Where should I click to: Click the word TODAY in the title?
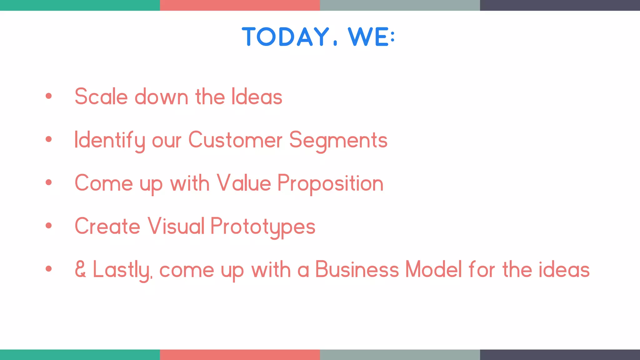coord(285,37)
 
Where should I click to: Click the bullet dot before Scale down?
coord(48,96)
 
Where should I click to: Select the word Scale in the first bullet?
coord(101,97)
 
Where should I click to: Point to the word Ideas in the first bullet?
coord(257,97)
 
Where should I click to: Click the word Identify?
coord(109,140)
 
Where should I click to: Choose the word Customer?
coord(235,140)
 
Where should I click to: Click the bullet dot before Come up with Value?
coord(48,182)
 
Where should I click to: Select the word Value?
coord(244,183)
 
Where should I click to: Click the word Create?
coord(107,226)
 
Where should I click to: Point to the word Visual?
coord(176,226)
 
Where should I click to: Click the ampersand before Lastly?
coord(80,269)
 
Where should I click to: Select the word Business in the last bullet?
coord(357,269)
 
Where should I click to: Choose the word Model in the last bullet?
coord(433,269)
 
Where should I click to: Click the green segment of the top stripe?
coord(80,5)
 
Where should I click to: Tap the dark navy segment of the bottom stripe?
coord(560,355)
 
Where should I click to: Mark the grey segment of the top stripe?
coord(400,5)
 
